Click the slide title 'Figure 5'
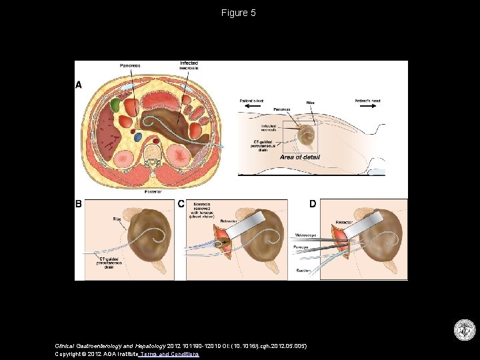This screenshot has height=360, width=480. point(239,13)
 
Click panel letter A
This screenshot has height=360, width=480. point(79,85)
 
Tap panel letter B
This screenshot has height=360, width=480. point(79,204)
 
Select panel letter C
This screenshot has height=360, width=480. point(181,204)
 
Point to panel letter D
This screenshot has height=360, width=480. point(312,204)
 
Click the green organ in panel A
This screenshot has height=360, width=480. point(115,105)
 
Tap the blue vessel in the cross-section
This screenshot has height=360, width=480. point(139,136)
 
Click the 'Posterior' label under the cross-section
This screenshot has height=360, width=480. point(153,191)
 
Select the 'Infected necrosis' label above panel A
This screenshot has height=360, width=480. point(189,65)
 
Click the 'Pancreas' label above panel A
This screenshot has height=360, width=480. point(130,65)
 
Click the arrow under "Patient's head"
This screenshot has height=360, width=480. point(368,107)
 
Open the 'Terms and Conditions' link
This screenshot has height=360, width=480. point(169,354)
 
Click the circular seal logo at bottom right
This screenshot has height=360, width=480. point(464,331)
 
